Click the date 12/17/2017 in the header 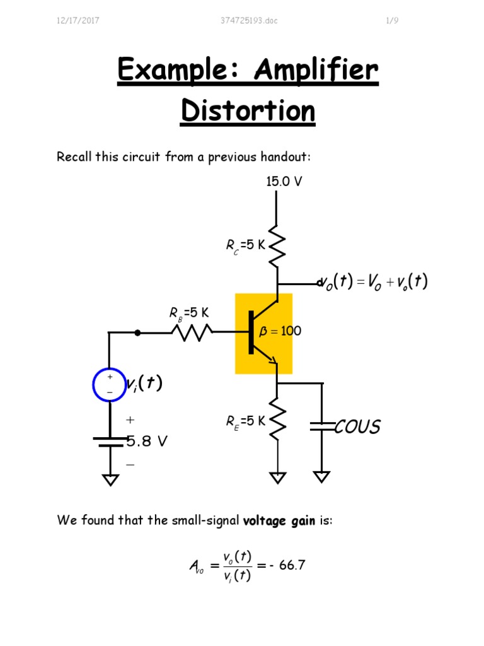click(x=78, y=21)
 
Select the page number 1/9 click(x=392, y=21)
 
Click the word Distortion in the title click(x=248, y=111)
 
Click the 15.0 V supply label click(x=284, y=182)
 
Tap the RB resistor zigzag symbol click(x=192, y=331)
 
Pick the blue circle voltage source click(x=110, y=384)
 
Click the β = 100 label click(x=280, y=331)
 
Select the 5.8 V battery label click(x=146, y=442)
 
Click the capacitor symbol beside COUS click(x=322, y=427)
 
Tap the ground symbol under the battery click(x=110, y=480)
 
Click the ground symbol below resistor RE click(x=277, y=478)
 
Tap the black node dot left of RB click(x=138, y=332)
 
